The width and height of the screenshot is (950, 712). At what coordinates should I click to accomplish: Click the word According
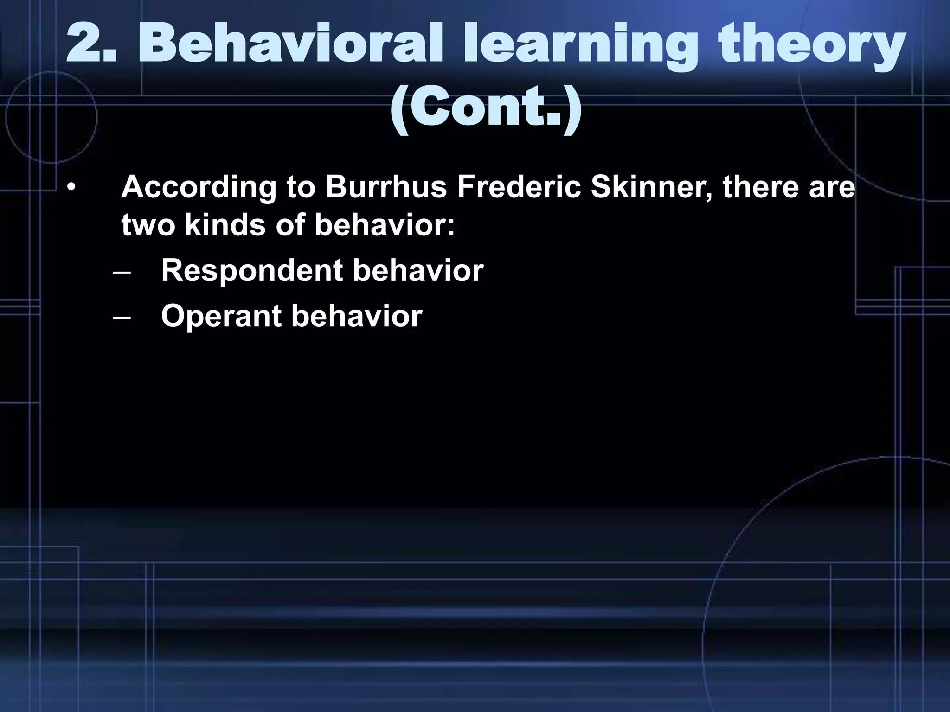199,188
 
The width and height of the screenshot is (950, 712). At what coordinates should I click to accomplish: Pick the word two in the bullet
148,225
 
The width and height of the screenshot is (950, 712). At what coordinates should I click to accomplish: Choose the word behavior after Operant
357,317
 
